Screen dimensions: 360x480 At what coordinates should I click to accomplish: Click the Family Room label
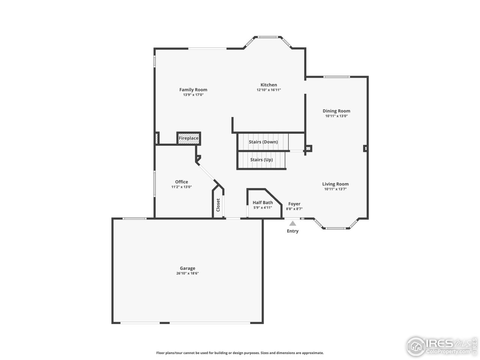click(193, 90)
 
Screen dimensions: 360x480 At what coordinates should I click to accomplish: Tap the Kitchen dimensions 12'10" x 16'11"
click(268, 90)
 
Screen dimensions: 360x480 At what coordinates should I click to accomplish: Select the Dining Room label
click(336, 111)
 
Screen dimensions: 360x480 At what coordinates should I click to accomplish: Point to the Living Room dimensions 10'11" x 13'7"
click(335, 189)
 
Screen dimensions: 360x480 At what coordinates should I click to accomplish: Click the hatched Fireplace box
click(189, 138)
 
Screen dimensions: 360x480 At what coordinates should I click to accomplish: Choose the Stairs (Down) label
click(263, 142)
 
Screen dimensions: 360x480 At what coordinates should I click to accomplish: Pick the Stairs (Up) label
click(261, 160)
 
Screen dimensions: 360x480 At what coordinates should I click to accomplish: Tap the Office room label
click(181, 182)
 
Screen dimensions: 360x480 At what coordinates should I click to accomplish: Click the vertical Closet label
click(218, 205)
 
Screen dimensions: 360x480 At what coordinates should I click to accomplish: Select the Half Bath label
click(262, 202)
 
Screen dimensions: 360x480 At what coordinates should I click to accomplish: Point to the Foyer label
click(294, 204)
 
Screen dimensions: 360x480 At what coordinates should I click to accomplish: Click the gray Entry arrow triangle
click(292, 223)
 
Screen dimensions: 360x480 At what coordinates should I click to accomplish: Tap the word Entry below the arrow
click(292, 231)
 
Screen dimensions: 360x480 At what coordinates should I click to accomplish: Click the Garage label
click(187, 268)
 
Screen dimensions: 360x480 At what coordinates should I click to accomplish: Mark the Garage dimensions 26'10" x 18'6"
click(187, 273)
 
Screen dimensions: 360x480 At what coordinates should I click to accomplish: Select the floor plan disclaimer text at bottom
click(240, 353)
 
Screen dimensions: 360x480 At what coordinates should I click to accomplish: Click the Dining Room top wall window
click(336, 77)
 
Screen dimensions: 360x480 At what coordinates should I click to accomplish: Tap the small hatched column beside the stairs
click(308, 149)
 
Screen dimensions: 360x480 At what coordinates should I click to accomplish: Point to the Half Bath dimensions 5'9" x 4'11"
click(262, 207)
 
